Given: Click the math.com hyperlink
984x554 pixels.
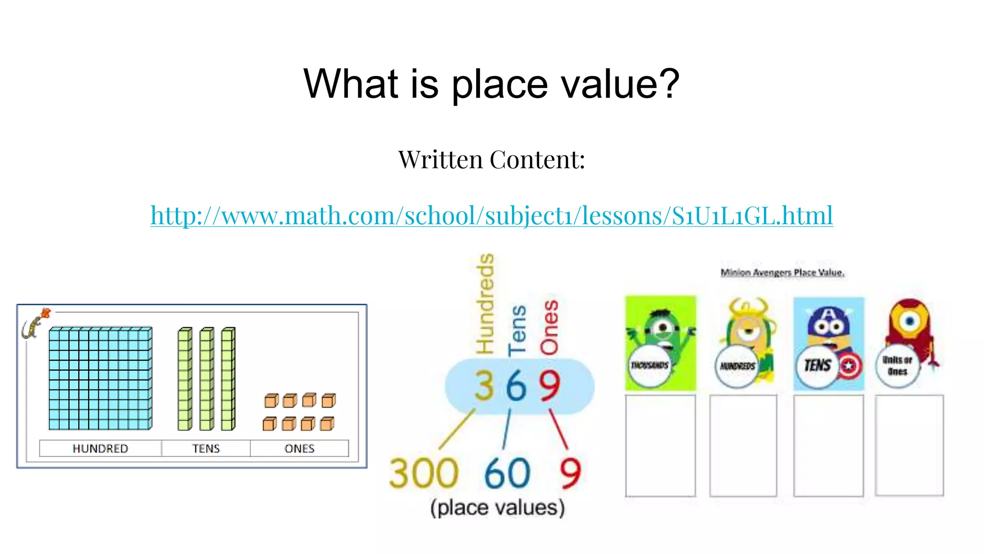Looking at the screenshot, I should pyautogui.click(x=491, y=215).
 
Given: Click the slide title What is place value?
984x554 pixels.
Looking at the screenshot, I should pyautogui.click(x=491, y=84).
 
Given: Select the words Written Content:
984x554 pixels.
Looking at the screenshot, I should pyautogui.click(x=491, y=160).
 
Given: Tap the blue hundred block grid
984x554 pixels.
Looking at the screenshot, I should pyautogui.click(x=100, y=378).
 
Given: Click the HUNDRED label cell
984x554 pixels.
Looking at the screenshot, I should pyautogui.click(x=100, y=448).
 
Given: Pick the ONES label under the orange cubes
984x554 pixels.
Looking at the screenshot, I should pyautogui.click(x=299, y=448).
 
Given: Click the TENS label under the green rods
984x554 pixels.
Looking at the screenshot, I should pyautogui.click(x=206, y=448).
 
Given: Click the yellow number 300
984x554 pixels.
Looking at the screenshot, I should pyautogui.click(x=423, y=473).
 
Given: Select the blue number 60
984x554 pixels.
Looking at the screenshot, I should pyautogui.click(x=507, y=473).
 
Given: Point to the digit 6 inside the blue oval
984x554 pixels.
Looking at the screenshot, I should pyautogui.click(x=516, y=386).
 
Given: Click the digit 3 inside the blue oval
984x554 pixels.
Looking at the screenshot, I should pyautogui.click(x=484, y=386).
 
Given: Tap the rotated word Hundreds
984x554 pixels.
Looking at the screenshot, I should pyautogui.click(x=485, y=304).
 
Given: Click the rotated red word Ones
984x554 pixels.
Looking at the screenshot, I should pyautogui.click(x=549, y=328).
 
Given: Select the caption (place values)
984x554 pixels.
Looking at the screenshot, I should pyautogui.click(x=497, y=508).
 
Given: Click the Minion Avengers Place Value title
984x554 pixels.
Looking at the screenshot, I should pyautogui.click(x=782, y=273).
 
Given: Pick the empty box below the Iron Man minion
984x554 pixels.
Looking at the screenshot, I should pyautogui.click(x=909, y=445).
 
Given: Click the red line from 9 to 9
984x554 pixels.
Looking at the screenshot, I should pyautogui.click(x=558, y=429).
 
